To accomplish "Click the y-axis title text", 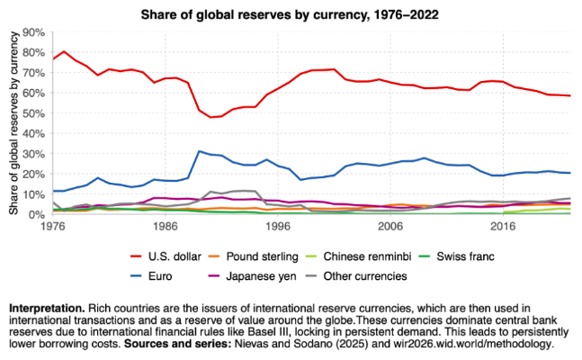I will (x=14, y=123).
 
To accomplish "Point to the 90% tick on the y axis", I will (x=33, y=31).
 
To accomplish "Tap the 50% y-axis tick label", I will (x=33, y=113).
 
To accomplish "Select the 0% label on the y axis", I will (x=36, y=215).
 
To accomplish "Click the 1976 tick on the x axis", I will (x=53, y=229).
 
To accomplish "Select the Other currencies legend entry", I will (x=422, y=276).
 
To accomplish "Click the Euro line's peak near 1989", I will (x=200, y=151).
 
